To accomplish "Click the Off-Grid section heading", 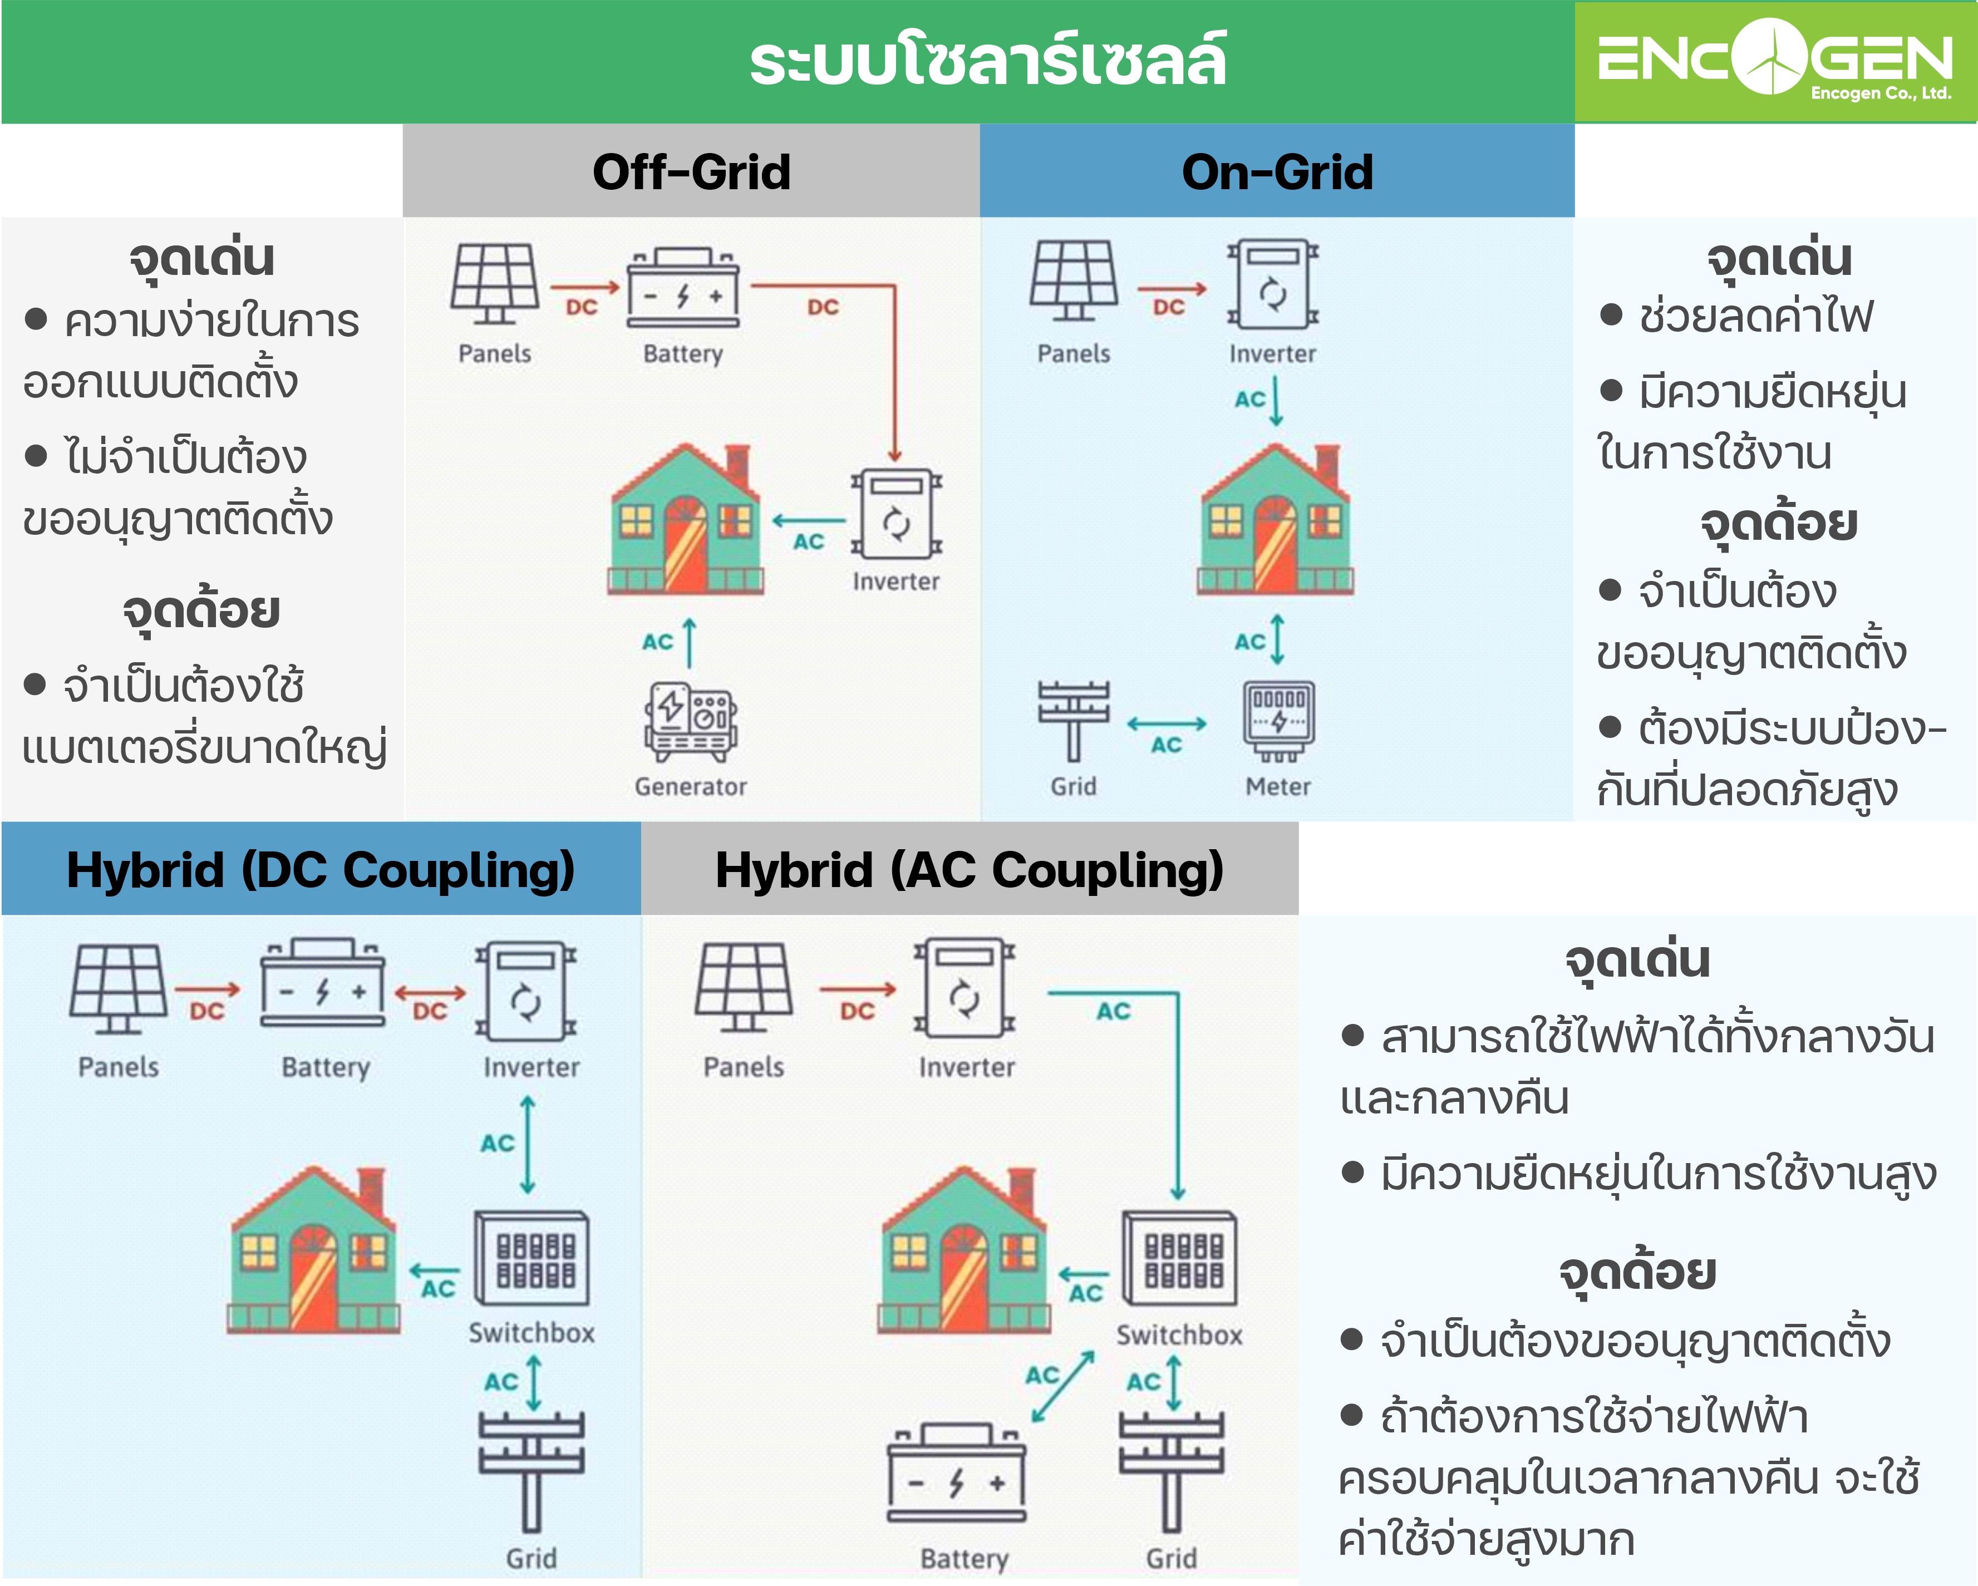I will coord(691,171).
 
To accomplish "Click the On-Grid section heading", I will coord(1277,171).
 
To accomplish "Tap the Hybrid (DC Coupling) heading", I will coord(320,870).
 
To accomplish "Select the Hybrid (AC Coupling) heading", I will coord(969,870).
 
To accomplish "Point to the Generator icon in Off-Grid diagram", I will coord(691,721).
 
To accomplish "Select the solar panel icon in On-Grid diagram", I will coord(1074,280).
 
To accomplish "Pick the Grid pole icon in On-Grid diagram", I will coord(1074,720).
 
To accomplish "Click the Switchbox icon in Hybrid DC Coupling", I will coord(531,1258).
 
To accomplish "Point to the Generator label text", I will coord(691,786).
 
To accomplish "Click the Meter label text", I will coord(1278,786).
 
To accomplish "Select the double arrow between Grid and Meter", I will coord(1166,724).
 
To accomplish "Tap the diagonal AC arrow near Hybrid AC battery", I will coord(1064,1386).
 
